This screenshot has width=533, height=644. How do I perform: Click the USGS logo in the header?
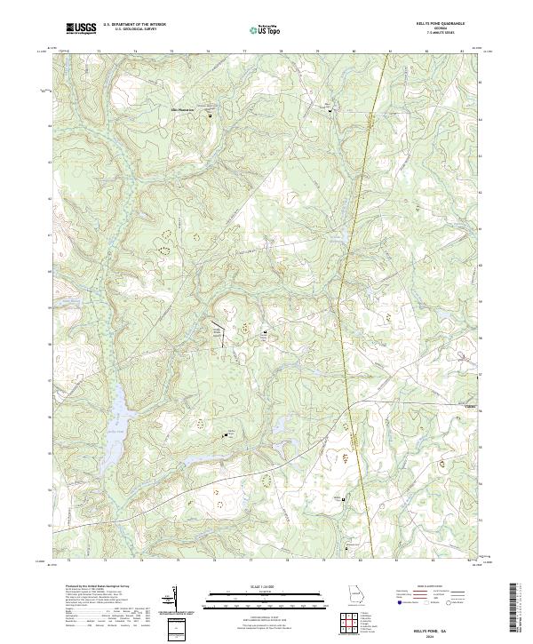(81, 28)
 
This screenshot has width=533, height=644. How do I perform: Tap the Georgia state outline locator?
(354, 600)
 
